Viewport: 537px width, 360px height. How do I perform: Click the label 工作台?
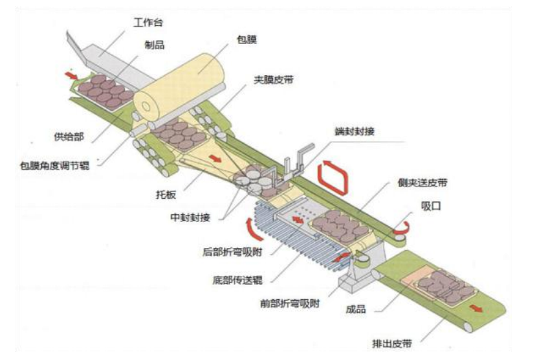pos(148,23)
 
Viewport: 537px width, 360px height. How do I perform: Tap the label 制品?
pos(155,45)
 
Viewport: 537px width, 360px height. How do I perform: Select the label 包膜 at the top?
pos(247,39)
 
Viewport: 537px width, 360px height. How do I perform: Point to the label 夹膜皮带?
pos(273,80)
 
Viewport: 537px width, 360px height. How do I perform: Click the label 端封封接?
pos(355,131)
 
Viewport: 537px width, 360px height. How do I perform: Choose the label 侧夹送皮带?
pos(422,183)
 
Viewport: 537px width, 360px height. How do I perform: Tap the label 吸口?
pos(431,206)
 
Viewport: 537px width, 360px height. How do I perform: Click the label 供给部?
pos(69,137)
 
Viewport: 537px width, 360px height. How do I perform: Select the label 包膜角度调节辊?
pos(55,166)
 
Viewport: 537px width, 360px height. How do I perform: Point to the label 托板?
pos(166,195)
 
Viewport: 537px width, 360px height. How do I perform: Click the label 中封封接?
pos(190,218)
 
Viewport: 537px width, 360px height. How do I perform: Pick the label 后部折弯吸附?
pos(232,253)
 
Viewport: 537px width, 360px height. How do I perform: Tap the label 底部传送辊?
pos(237,280)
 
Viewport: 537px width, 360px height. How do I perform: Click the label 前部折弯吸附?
pos(290,303)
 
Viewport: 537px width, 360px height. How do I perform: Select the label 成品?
pos(356,309)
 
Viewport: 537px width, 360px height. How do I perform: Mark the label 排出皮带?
pos(392,344)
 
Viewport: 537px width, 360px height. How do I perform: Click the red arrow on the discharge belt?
pos(476,308)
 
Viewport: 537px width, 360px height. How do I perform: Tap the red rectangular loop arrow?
pos(332,179)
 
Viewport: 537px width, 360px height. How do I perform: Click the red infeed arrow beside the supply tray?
pos(72,75)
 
